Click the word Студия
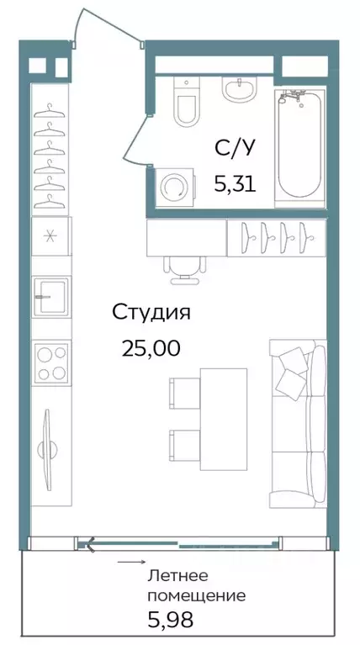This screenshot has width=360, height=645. pyautogui.click(x=151, y=313)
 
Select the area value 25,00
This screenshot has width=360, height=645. pyautogui.click(x=151, y=347)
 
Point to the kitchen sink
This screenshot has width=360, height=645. pyautogui.click(x=50, y=295)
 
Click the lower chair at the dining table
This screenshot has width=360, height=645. pyautogui.click(x=183, y=441)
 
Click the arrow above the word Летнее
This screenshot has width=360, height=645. pyautogui.click(x=128, y=560)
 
